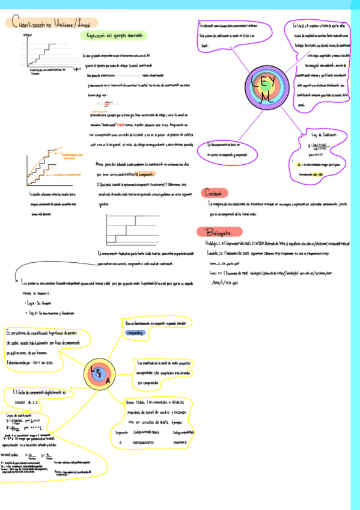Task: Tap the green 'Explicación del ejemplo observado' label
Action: (x=114, y=36)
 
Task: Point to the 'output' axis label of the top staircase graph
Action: (x=27, y=35)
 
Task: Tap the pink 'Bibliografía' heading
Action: (x=220, y=232)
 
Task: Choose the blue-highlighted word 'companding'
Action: (x=136, y=332)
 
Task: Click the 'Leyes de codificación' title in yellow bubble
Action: (x=20, y=414)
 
